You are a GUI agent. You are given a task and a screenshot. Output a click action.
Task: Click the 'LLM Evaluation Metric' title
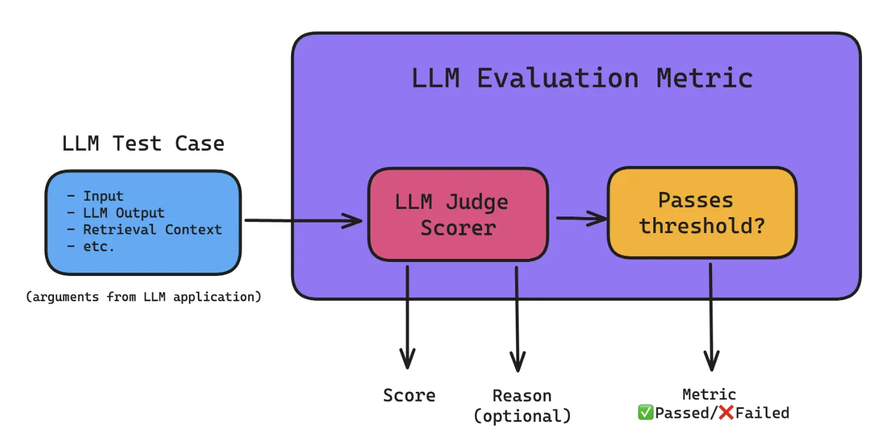pos(582,78)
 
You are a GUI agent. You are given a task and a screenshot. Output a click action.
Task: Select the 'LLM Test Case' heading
pos(143,144)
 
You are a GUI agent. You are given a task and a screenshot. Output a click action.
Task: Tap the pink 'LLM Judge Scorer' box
pos(458,214)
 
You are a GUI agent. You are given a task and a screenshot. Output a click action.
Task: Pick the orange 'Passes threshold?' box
pos(702,212)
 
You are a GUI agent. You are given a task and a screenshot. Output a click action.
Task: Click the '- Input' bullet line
pos(95,196)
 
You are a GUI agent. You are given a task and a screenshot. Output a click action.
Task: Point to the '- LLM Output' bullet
pos(115,212)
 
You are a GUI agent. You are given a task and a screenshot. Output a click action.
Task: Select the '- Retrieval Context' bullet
pos(144,230)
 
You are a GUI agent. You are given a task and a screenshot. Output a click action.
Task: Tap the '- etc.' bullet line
pos(91,247)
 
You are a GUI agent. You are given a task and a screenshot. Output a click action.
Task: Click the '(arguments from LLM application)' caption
pos(143,297)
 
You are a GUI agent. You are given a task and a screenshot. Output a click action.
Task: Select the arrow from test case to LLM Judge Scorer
pos(303,220)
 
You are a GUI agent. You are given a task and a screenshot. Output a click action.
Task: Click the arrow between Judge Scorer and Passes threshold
pos(582,218)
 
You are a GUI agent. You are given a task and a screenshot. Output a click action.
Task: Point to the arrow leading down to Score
pos(407,317)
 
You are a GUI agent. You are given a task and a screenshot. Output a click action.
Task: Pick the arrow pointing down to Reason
pos(517,319)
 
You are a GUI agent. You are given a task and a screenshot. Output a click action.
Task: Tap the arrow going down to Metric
pos(711,317)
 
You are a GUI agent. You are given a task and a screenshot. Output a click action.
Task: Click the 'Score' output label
pos(409,395)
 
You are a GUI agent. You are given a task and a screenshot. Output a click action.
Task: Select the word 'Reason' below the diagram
pos(522,396)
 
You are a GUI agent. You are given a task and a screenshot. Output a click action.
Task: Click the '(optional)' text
pos(522,416)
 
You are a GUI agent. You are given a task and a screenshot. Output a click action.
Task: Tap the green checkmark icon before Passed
pos(645,413)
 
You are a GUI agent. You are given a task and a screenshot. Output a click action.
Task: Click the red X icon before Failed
pos(726,413)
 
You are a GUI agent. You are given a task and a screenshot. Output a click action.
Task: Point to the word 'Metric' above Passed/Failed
pos(709,395)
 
